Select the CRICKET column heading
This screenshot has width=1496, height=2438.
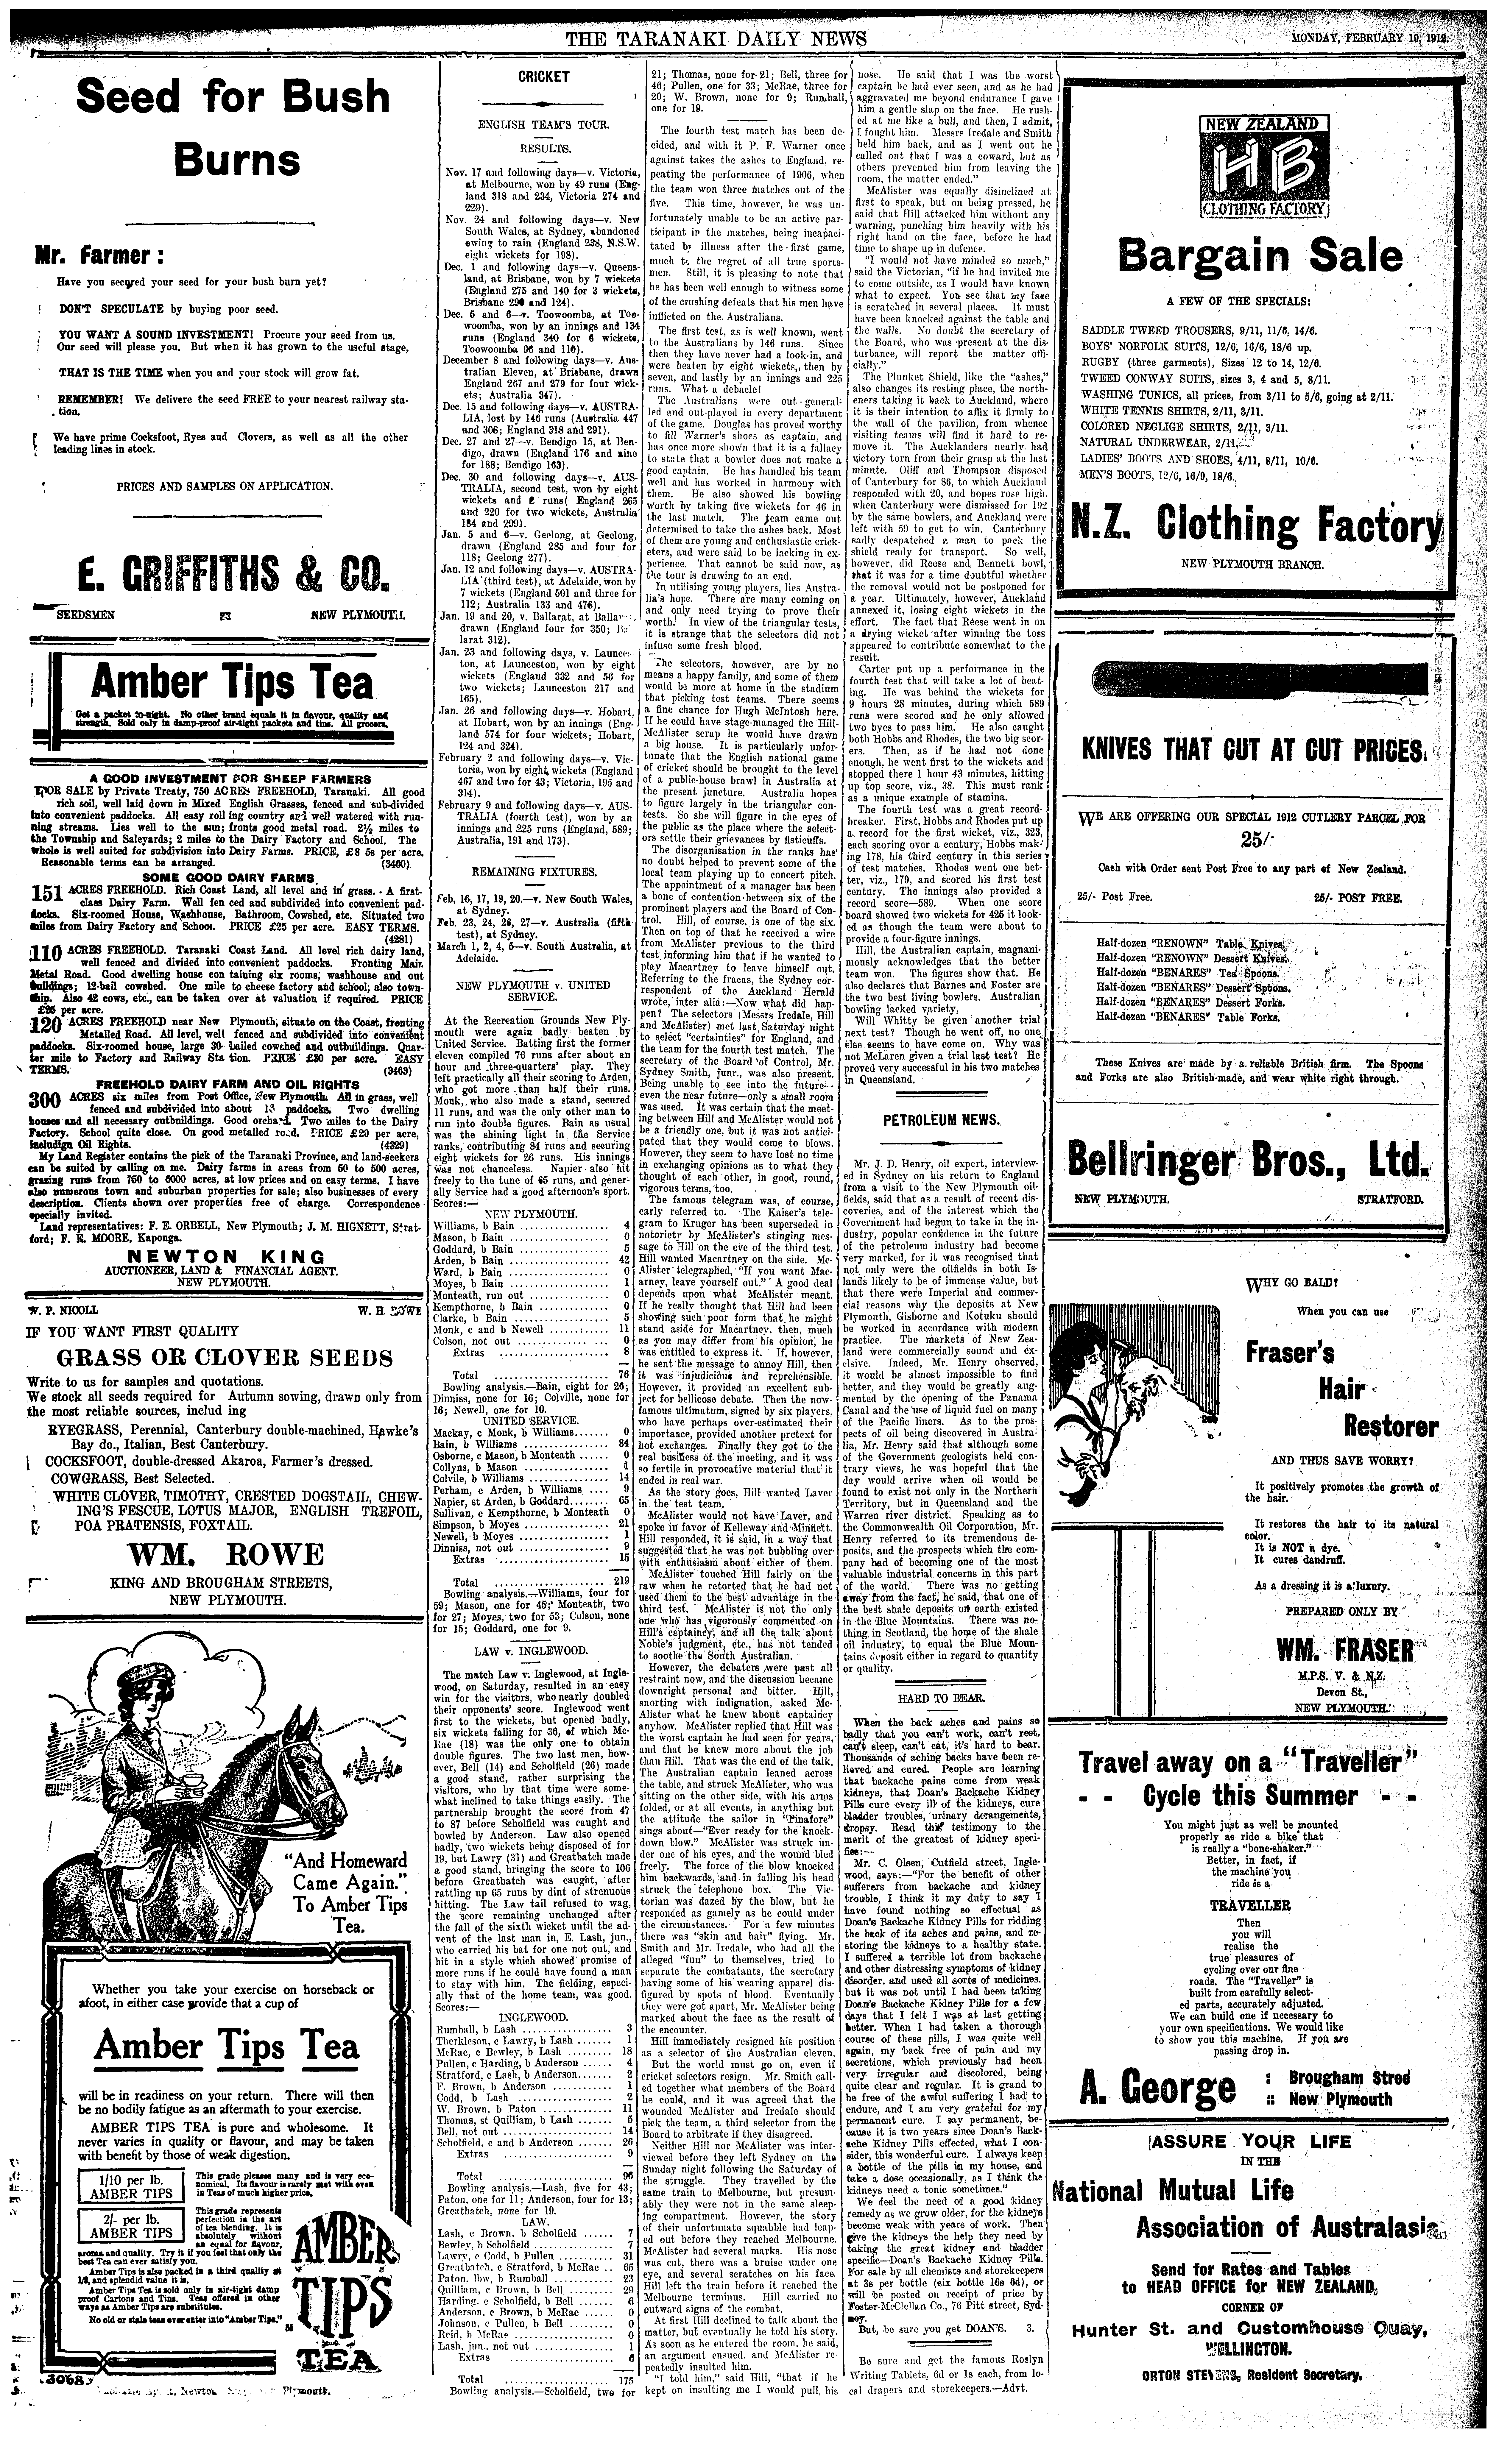pyautogui.click(x=543, y=76)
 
